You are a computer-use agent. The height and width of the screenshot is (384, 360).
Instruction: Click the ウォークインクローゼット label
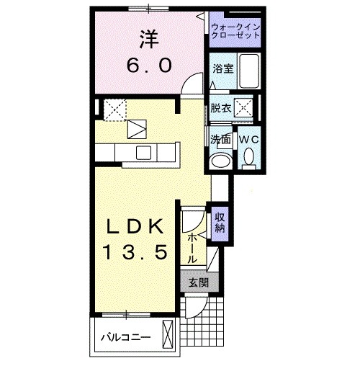click(236, 30)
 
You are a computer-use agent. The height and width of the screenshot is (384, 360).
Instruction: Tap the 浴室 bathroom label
click(222, 69)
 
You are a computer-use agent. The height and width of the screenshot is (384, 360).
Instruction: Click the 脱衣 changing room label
click(221, 109)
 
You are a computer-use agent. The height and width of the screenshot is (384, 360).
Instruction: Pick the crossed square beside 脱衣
click(245, 109)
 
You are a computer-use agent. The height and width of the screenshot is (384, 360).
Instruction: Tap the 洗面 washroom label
click(220, 139)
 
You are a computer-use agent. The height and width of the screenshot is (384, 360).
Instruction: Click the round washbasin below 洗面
click(220, 160)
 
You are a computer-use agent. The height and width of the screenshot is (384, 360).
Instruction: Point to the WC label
click(248, 138)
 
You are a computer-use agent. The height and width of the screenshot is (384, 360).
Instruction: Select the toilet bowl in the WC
click(248, 157)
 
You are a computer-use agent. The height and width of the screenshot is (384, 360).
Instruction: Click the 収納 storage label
click(220, 222)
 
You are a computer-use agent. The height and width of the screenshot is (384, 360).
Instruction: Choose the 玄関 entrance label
click(199, 282)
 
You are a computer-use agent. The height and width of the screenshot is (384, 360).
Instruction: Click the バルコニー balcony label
click(125, 336)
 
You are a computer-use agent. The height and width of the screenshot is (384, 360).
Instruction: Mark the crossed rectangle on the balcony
click(168, 336)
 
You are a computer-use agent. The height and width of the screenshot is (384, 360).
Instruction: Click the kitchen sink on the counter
click(144, 152)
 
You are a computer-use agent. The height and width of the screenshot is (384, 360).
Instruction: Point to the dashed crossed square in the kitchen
click(114, 109)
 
